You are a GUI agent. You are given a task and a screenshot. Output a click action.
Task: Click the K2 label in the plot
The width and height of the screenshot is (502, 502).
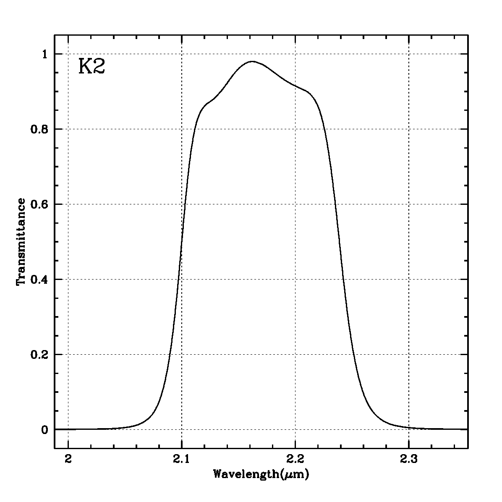(92, 67)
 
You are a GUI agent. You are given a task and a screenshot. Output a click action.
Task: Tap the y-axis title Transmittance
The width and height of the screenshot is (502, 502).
(21, 242)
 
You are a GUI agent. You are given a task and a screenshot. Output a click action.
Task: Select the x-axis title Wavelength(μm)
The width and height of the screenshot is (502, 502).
(261, 475)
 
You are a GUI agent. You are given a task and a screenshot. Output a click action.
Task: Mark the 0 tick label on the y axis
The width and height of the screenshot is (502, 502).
(45, 430)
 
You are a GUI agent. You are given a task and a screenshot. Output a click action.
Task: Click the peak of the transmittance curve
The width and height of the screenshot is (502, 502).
(252, 61)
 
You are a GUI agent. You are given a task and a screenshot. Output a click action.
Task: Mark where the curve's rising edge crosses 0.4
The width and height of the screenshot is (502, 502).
(179, 279)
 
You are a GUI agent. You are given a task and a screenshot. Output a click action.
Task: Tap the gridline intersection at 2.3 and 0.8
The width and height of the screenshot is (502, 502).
(408, 129)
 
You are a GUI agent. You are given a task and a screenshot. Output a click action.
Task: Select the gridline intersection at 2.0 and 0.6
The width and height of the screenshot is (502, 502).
(68, 204)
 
